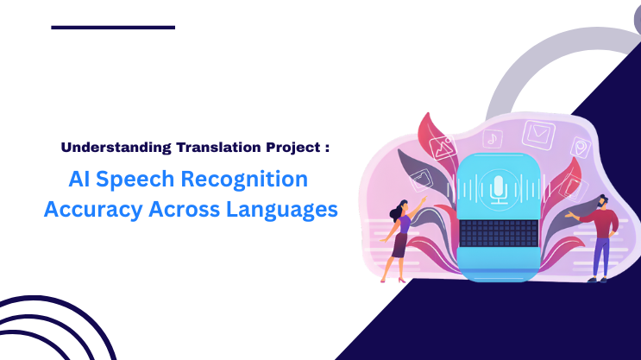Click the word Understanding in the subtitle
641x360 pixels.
click(x=104, y=147)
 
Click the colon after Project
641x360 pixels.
click(x=328, y=148)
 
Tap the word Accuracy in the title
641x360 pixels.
click(x=91, y=211)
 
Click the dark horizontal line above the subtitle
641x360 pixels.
click(x=113, y=28)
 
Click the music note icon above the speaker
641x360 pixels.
click(x=492, y=137)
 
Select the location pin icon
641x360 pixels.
click(x=579, y=148)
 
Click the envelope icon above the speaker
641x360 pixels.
click(x=537, y=134)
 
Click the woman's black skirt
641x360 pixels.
click(x=399, y=245)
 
